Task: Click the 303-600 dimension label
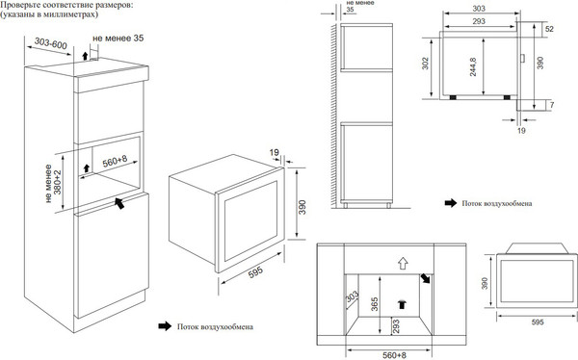coord(51,43)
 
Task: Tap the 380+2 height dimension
coord(57,182)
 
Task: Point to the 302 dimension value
coord(426,64)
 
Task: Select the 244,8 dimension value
coord(473,66)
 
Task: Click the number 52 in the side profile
coord(549,29)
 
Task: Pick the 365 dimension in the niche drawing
coord(375,304)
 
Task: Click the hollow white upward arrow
coord(403,263)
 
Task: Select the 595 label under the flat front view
coord(538,322)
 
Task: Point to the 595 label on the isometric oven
coord(255,272)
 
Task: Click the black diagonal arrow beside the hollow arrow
coord(425,278)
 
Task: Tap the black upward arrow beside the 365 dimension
coord(402,304)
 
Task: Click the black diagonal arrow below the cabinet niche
coord(119,203)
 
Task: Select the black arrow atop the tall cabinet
coord(85,56)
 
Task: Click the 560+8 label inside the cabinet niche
coord(115,161)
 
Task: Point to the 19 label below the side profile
coord(521,131)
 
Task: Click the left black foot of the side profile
coord(453,97)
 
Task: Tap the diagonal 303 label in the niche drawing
coord(352,297)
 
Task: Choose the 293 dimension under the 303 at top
coord(479,21)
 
